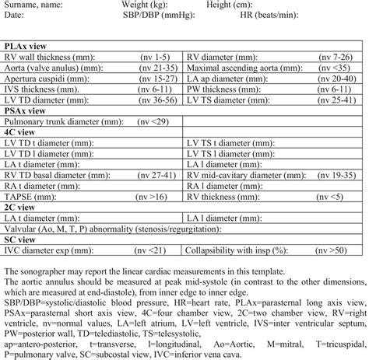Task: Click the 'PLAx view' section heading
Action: [25, 47]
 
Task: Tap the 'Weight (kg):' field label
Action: [147, 5]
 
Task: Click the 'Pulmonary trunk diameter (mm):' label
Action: [67, 122]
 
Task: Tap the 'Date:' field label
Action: [15, 15]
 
